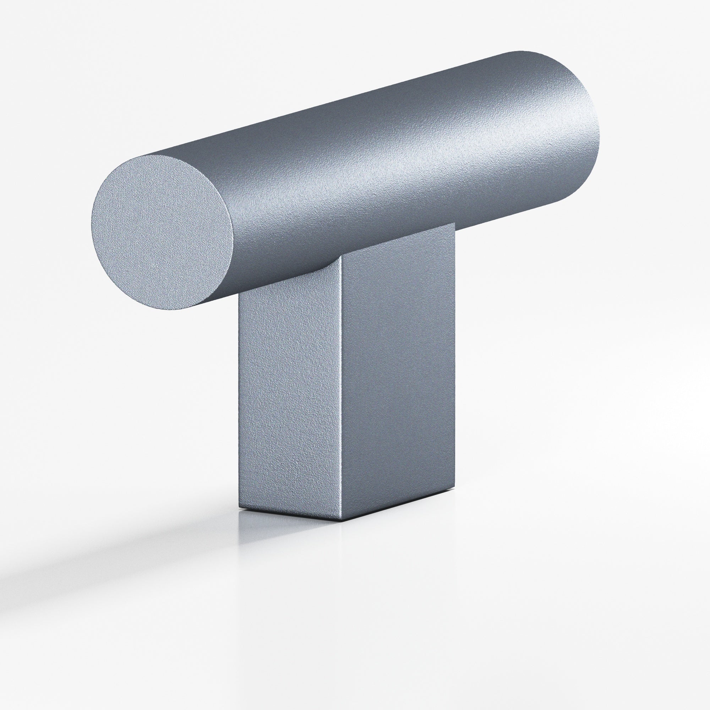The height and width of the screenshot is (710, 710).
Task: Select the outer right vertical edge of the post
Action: tap(455, 367)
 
